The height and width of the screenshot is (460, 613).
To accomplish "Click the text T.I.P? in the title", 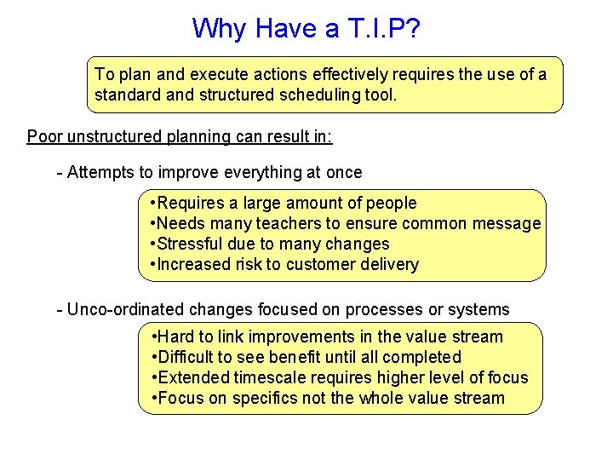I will (x=382, y=28).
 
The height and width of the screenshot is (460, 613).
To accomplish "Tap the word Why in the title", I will (x=217, y=28).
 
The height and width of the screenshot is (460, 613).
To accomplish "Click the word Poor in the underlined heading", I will (x=44, y=136).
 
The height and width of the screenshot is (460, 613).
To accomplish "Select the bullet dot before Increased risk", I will (x=152, y=264).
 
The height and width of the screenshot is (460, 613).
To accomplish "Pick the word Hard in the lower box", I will (x=176, y=336).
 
